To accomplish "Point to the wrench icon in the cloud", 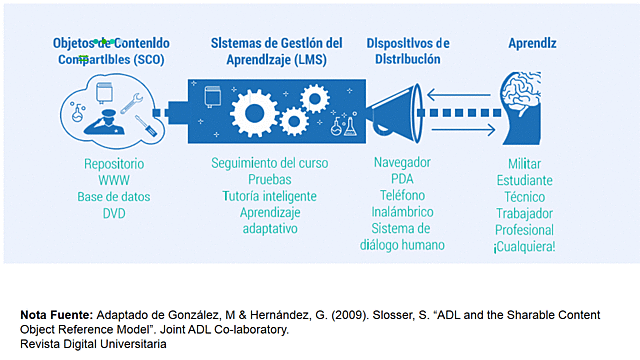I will (129, 99).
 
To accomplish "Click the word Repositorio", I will (114, 163).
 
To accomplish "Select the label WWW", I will (114, 180).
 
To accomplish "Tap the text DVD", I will (114, 213).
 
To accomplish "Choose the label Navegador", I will (401, 163).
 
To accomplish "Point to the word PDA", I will (402, 180).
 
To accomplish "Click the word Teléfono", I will (401, 196).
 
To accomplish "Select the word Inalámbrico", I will (401, 213).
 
